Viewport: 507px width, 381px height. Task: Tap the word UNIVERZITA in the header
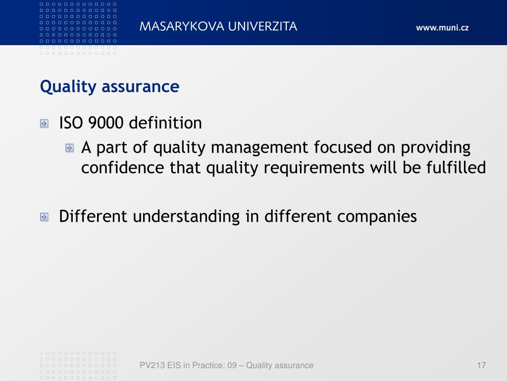tap(262, 26)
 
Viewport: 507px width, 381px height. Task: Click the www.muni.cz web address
tap(442, 28)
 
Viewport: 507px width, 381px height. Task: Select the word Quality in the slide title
tap(68, 87)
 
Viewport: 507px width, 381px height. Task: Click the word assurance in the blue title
tap(140, 87)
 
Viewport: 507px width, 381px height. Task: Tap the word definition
tap(165, 123)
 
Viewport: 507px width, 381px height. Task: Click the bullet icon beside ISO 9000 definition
tap(44, 124)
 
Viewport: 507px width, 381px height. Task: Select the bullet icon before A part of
tap(69, 148)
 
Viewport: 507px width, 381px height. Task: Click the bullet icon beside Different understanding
tap(44, 217)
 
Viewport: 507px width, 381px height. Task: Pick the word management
tap(259, 148)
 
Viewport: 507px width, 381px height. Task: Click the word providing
tap(436, 148)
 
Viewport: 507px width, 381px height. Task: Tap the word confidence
tap(123, 168)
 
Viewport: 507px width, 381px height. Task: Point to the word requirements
tap(314, 168)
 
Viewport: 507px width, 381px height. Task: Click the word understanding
tap(186, 217)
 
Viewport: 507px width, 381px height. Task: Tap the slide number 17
tap(481, 365)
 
